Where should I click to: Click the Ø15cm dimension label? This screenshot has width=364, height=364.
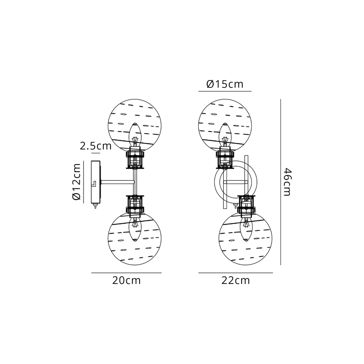(x=225, y=84)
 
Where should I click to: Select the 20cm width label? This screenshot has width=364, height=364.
(x=126, y=280)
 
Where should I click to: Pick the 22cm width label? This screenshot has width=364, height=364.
(x=236, y=280)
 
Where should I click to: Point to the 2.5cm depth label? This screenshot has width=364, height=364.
(x=95, y=146)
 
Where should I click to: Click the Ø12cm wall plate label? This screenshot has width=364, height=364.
(x=76, y=182)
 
